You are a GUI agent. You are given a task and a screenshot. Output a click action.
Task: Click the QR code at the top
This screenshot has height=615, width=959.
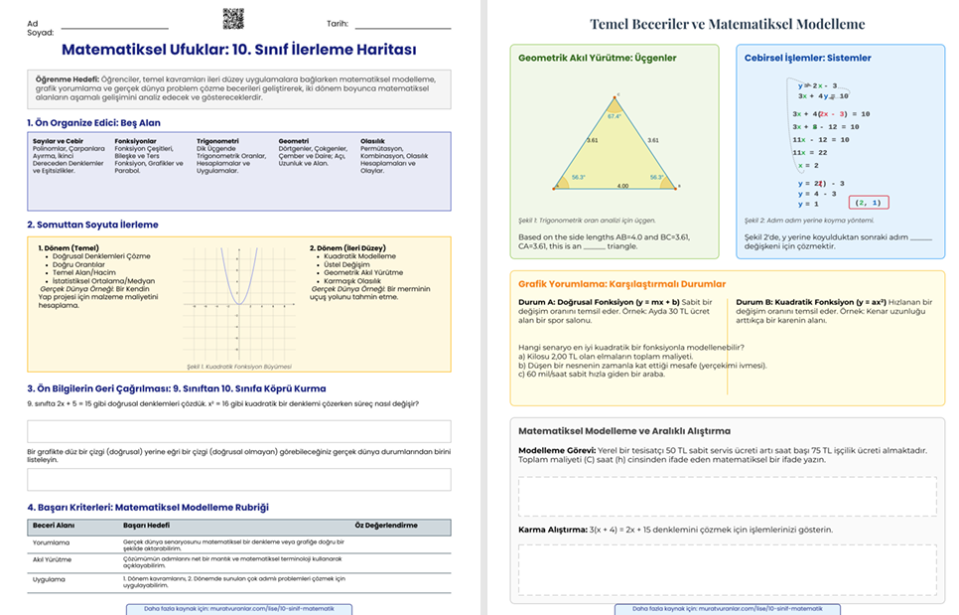232,19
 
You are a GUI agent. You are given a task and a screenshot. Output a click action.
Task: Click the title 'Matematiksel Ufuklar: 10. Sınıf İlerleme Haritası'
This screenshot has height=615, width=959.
238,50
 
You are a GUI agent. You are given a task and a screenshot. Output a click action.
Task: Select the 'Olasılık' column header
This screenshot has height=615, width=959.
373,141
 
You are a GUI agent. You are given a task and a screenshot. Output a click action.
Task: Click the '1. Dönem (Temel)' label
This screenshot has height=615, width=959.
68,248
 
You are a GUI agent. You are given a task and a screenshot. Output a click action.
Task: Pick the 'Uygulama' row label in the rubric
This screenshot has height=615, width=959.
49,578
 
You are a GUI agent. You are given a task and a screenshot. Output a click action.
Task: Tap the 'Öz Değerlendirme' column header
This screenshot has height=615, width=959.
386,525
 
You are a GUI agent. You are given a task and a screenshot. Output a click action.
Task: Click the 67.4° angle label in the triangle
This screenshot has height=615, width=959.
614,116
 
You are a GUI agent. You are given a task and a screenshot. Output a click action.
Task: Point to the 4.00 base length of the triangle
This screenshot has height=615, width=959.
622,186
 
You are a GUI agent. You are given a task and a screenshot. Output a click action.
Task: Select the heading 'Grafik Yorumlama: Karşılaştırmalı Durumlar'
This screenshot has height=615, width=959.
621,284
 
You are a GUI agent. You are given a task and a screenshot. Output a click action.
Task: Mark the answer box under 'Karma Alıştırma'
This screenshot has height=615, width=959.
727,567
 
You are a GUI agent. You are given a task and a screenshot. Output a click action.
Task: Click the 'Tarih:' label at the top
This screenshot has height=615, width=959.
338,24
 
